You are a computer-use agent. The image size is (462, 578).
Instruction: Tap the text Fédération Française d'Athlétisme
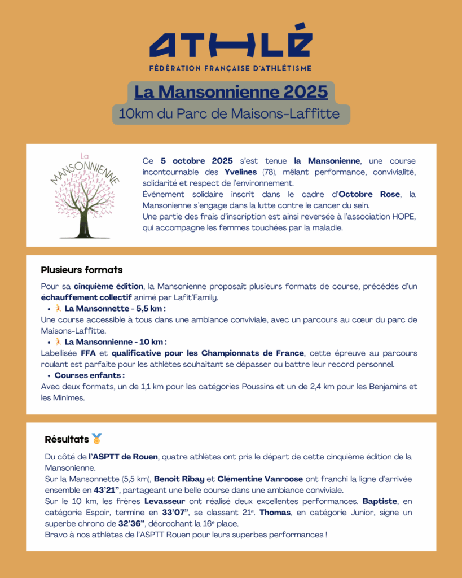coord(231,68)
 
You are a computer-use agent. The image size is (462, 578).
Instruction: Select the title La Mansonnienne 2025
coord(231,91)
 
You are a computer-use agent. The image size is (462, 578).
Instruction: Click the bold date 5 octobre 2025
coord(196,161)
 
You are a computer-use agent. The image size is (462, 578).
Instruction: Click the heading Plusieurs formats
coord(82,270)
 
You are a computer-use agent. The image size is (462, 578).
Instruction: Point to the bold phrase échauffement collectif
coord(86,297)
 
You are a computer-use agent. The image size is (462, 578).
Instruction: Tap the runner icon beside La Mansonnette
coord(58,309)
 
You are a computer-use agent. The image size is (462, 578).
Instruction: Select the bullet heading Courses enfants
coord(90,375)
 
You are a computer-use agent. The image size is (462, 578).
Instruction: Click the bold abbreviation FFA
coord(88,353)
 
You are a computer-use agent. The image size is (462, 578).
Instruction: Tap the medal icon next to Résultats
coord(97,439)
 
